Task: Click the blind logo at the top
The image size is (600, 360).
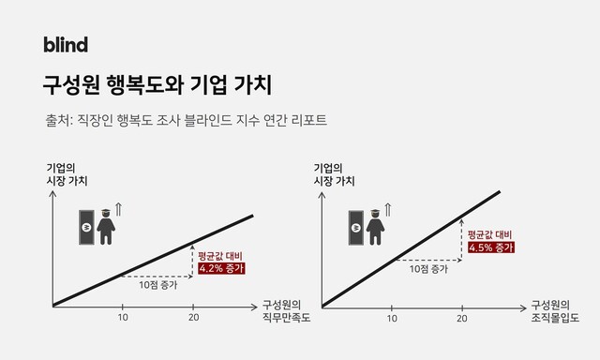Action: (66, 44)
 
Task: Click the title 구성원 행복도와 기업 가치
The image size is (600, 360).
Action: (157, 85)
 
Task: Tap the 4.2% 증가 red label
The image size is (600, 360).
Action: (221, 268)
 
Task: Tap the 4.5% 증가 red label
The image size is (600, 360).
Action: (490, 247)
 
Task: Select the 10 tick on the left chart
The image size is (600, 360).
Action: (123, 318)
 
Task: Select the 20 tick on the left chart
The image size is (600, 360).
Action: (193, 318)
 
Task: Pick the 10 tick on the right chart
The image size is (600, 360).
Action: (392, 318)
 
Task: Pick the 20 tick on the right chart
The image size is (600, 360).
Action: (462, 318)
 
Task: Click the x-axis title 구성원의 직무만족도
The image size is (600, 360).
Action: (281, 311)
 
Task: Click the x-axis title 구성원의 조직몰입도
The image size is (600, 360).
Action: (550, 311)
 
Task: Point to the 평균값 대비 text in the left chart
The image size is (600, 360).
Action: (220, 254)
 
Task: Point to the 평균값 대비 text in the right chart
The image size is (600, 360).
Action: (489, 233)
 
